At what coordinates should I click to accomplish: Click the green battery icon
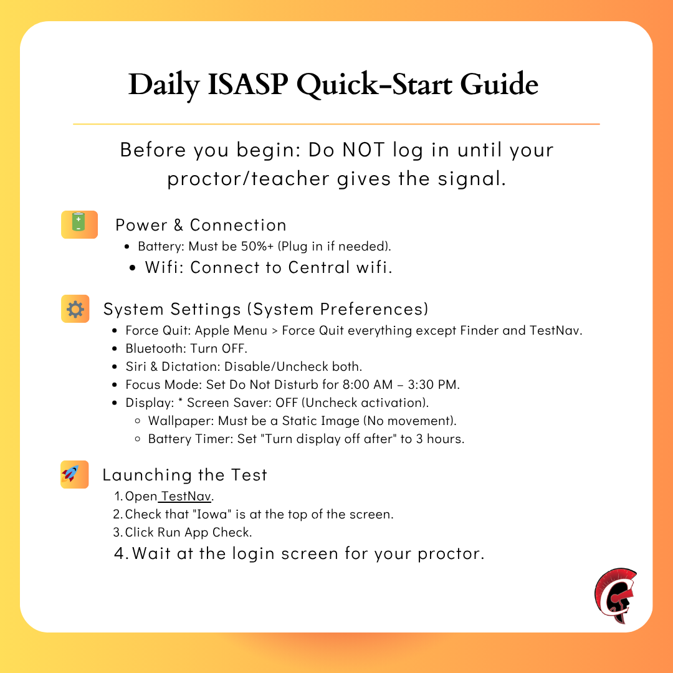(79, 224)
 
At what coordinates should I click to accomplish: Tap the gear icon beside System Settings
(75, 308)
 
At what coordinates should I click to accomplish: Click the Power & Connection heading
(201, 225)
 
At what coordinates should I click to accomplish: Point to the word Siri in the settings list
(136, 366)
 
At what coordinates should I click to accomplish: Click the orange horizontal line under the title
(336, 124)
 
